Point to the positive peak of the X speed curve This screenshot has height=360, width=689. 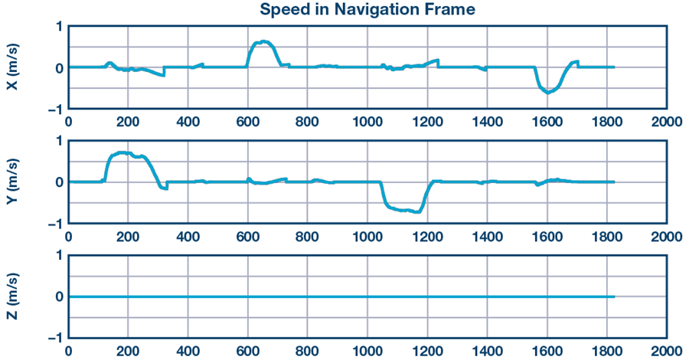264,41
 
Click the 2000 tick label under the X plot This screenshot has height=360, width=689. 666,121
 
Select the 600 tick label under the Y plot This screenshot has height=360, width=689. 247,236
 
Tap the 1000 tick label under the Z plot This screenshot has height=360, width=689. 367,351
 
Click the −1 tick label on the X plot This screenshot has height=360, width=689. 54,110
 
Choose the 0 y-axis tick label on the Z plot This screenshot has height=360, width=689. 58,296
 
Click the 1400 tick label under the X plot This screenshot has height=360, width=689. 486,121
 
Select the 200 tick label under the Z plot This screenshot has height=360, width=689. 128,351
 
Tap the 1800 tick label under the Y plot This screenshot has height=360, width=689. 606,236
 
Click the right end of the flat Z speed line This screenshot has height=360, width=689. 614,296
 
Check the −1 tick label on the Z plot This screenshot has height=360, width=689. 54,338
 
